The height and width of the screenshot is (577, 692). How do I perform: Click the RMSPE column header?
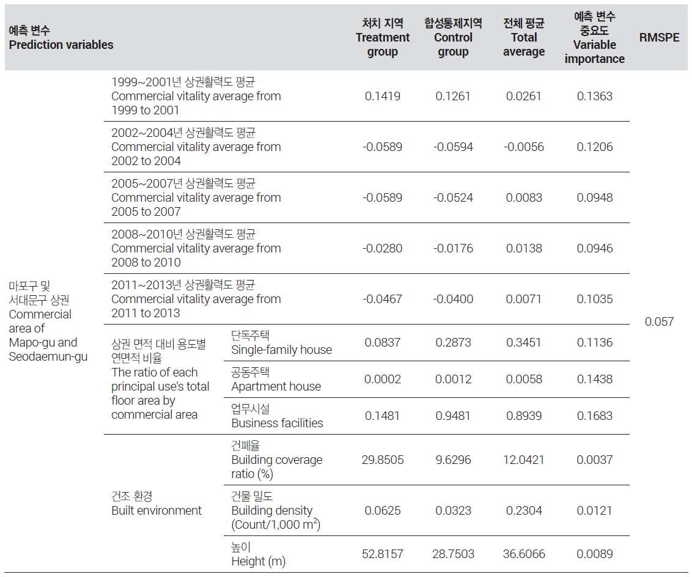click(659, 37)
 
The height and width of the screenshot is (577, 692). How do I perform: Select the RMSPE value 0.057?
click(659, 322)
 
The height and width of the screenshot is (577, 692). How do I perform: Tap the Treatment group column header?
click(383, 37)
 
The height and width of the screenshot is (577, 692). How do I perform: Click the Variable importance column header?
click(594, 37)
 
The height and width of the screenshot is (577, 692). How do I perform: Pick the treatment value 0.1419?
click(383, 96)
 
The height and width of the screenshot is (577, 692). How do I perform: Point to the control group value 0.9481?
click(453, 416)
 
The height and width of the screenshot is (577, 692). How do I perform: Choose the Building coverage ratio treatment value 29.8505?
click(383, 460)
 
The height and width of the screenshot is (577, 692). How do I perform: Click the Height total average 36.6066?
click(524, 554)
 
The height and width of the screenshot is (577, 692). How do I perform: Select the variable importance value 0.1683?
click(594, 416)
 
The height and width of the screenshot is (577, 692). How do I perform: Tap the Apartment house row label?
click(276, 380)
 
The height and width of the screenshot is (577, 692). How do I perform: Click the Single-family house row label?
click(282, 343)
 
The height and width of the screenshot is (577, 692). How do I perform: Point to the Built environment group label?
click(156, 503)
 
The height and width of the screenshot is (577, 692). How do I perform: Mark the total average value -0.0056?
click(524, 147)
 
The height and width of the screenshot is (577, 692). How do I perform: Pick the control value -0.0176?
click(453, 248)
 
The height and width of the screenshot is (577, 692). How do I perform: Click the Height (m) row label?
click(259, 554)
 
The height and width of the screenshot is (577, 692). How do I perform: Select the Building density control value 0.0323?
click(453, 510)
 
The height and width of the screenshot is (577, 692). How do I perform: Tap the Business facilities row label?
click(277, 416)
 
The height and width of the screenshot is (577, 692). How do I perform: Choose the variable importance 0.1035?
click(594, 299)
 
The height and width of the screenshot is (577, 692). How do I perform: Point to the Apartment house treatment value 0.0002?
click(383, 379)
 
